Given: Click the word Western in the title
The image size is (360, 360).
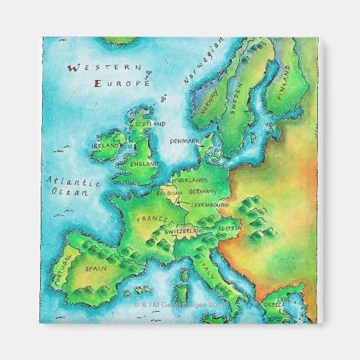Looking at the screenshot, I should [105, 68].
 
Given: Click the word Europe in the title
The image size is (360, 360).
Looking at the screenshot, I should [122, 84].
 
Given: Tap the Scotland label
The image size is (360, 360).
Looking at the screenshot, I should [150, 124].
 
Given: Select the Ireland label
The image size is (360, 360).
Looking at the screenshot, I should [105, 145].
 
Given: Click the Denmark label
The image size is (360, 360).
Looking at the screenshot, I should [185, 141].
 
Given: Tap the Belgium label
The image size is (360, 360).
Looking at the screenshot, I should [170, 193].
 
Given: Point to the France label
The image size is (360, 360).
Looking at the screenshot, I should [151, 219].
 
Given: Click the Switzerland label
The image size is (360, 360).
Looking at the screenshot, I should [184, 232].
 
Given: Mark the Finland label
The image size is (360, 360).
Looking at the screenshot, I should [285, 83].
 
